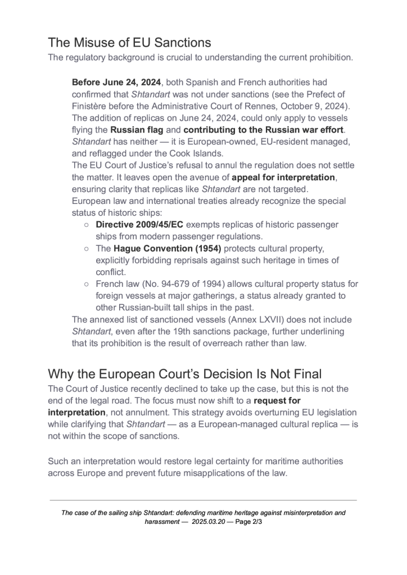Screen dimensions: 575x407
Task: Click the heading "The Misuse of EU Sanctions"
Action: pyautogui.click(x=129, y=43)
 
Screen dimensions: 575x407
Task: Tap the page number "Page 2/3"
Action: pyautogui.click(x=247, y=522)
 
